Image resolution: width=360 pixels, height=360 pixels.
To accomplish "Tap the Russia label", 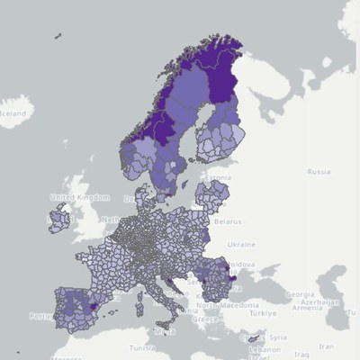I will click(x=319, y=171).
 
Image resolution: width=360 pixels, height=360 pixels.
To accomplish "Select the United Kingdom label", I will click(x=74, y=197).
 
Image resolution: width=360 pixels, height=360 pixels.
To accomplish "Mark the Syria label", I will click(x=276, y=337).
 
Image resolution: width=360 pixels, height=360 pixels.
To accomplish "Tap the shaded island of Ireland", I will click(x=58, y=218).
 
